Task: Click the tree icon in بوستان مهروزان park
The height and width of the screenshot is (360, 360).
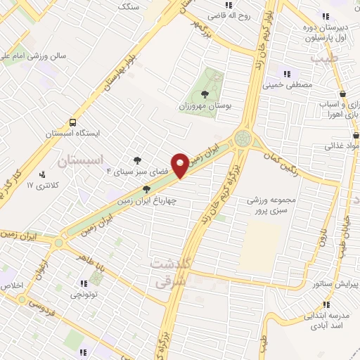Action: pyautogui.click(x=205, y=94)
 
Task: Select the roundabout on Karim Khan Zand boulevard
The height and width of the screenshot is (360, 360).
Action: pyautogui.click(x=243, y=138)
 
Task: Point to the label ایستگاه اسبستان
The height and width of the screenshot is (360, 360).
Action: pyautogui.click(x=73, y=132)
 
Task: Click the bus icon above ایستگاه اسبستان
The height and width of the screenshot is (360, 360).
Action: pyautogui.click(x=73, y=120)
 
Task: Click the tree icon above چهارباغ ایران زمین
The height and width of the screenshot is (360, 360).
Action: pyautogui.click(x=146, y=188)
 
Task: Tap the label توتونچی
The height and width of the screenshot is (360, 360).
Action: pyautogui.click(x=84, y=295)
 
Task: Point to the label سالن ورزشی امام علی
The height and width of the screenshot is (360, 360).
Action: pyautogui.click(x=34, y=54)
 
